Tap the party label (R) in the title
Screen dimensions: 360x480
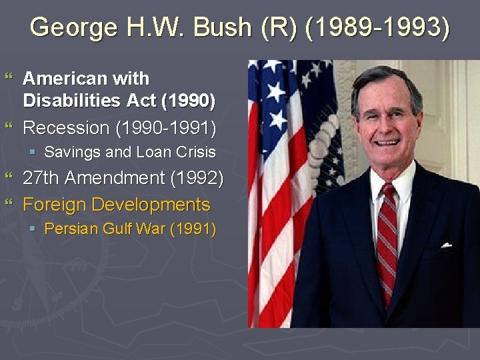[x=281, y=28]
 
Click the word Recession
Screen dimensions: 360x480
[x=65, y=127]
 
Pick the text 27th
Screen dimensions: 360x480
[x=41, y=178]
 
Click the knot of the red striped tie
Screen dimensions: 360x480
[x=387, y=192]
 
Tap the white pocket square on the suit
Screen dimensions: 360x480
[x=446, y=245]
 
